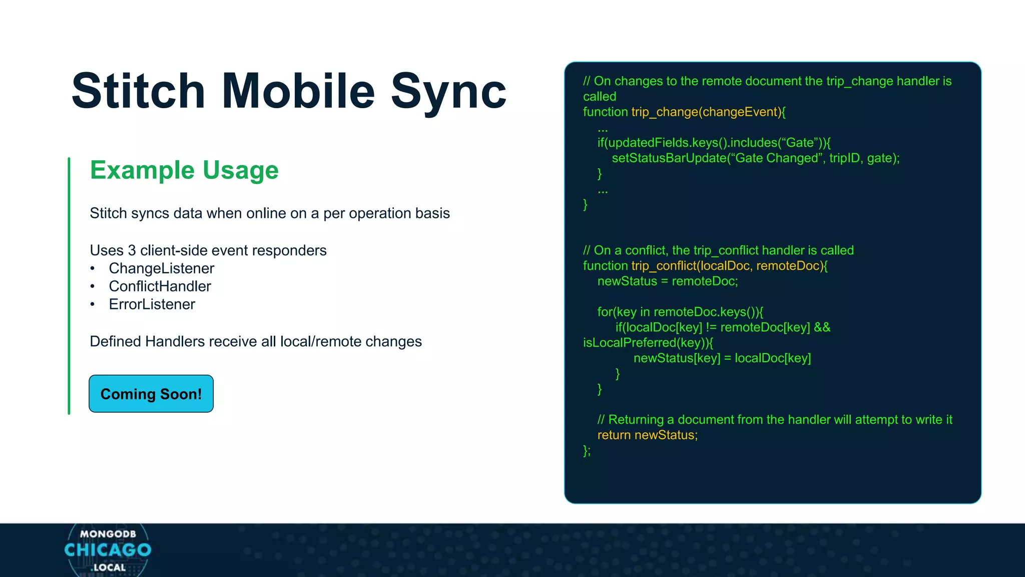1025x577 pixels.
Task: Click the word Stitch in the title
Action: click(x=138, y=91)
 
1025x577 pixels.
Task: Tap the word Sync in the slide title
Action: click(x=448, y=91)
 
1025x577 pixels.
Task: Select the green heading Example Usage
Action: click(x=184, y=170)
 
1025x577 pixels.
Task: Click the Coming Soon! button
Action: click(x=151, y=394)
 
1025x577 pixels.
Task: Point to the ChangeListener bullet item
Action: click(x=161, y=268)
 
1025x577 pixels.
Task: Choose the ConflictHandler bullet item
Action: click(x=160, y=286)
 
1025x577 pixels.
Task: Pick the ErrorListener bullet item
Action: click(x=152, y=305)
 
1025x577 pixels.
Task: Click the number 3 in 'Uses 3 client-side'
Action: click(x=132, y=250)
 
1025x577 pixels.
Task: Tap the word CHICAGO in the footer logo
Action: click(x=108, y=550)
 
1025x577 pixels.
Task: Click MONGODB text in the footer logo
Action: click(x=108, y=534)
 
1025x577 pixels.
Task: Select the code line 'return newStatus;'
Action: click(x=647, y=435)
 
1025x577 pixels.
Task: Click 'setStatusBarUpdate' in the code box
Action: click(x=669, y=158)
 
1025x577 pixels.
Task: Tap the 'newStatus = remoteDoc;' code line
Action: click(x=667, y=281)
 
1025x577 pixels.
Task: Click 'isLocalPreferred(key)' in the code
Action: click(x=645, y=343)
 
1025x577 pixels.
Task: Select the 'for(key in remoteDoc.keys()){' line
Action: click(x=680, y=312)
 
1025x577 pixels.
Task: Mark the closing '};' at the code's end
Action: click(x=587, y=451)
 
